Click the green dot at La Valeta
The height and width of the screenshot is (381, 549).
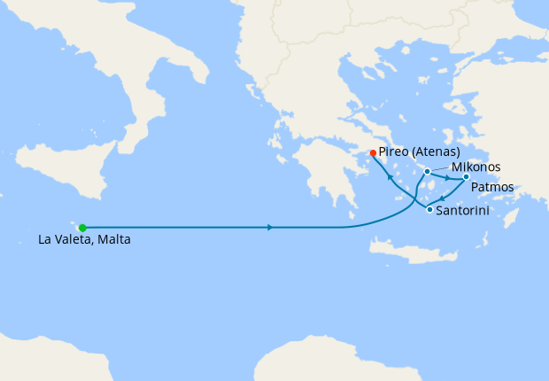pos(82,228)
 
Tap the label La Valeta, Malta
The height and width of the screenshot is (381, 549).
pos(84,239)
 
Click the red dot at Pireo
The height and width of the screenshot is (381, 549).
pos(373,152)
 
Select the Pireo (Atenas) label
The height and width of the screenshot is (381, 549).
pos(419,152)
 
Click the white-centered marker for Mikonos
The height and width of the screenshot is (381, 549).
pos(427,171)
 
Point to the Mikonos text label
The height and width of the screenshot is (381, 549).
pos(476,167)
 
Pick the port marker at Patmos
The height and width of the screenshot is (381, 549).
pos(466,176)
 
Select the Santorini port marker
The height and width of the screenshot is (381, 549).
pos(429,209)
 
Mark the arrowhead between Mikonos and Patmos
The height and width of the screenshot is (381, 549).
pos(447,178)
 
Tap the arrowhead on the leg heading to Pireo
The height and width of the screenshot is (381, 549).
pos(391,178)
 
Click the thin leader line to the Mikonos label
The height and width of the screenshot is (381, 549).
pos(440,168)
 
